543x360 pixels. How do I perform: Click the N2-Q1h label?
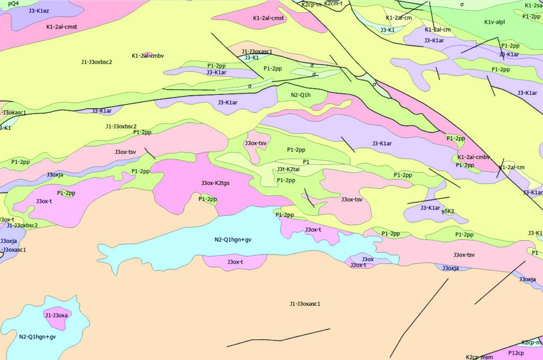point(301,95)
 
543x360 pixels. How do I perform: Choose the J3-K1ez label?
point(39,11)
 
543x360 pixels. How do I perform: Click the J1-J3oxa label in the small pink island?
point(56,315)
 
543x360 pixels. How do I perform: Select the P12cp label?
point(516,353)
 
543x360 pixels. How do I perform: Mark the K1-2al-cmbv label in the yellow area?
point(148,56)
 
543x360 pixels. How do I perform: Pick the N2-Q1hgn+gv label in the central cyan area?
point(233,240)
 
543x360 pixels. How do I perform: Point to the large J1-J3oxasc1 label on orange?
point(305,304)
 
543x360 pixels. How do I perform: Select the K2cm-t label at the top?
point(333,3)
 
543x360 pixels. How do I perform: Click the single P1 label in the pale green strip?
point(306,162)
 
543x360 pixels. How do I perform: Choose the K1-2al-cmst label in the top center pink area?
point(269,18)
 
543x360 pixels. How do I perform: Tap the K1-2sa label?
point(533,5)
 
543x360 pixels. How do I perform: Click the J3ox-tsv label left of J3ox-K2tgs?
point(125,152)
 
